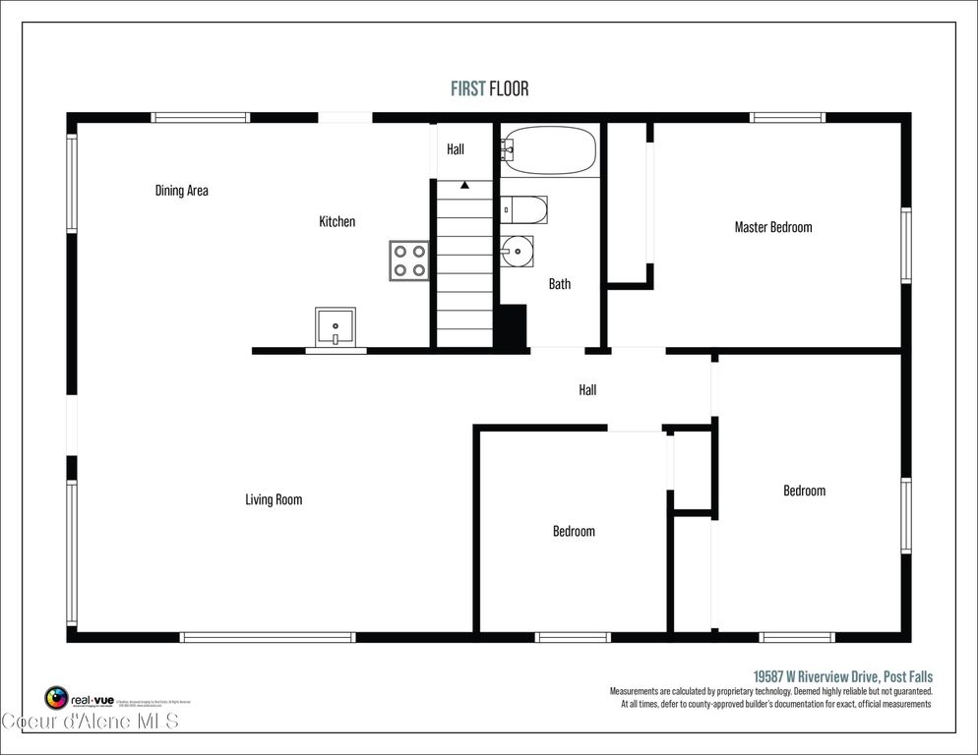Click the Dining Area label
(182, 191)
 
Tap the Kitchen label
(336, 222)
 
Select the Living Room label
(274, 499)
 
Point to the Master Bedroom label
(773, 227)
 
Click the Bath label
(559, 284)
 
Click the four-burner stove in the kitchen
(408, 260)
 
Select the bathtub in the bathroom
(548, 150)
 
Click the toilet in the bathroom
(522, 209)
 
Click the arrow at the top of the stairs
(464, 185)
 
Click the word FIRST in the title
(468, 89)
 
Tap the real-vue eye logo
(57, 699)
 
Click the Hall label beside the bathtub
(456, 149)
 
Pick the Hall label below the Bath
(587, 390)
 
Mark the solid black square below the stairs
(510, 326)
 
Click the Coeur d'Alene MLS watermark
(90, 723)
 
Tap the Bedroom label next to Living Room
(574, 531)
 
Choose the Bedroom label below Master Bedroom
(804, 491)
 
